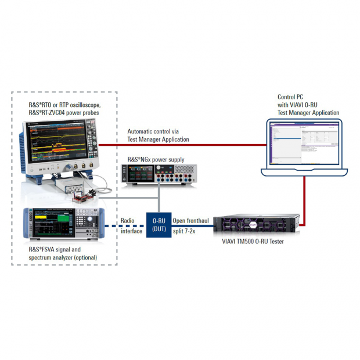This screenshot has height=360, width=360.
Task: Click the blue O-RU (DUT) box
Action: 159,225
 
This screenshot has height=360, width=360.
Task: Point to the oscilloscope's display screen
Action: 53,142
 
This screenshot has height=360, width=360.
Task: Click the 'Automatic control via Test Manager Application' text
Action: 158,135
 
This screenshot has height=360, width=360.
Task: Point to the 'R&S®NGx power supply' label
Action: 156,159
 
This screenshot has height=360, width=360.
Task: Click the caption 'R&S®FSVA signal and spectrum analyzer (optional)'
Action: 63,254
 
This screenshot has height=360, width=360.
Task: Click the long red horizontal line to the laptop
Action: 180,145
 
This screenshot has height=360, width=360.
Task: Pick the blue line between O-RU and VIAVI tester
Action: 192,235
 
